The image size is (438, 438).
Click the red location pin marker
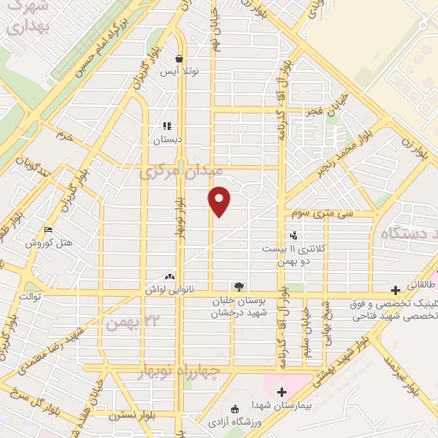pos(220,201)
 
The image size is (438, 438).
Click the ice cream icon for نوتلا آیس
pos(179,59)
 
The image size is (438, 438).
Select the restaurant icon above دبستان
pos(168,125)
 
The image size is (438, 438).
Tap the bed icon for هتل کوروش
pos(48,230)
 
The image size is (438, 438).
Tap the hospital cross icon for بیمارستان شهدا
pos(281,391)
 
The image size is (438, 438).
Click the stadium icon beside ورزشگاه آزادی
pos(236,409)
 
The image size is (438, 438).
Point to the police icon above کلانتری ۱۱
pos(293,234)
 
